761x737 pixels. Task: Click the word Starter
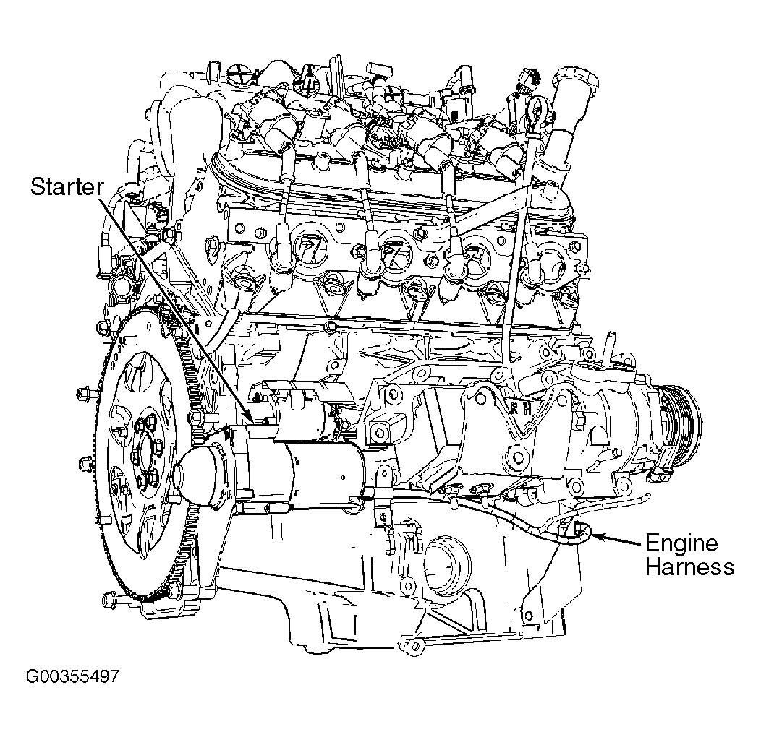tap(67, 187)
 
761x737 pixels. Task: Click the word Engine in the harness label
tap(681, 543)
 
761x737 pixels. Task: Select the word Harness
tap(689, 567)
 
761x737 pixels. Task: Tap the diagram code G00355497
tap(72, 678)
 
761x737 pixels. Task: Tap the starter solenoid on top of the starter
tap(304, 412)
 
